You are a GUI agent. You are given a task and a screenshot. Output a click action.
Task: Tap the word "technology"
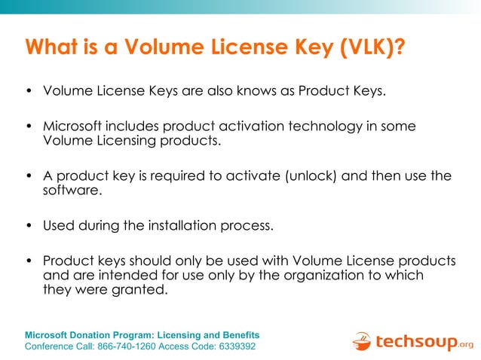point(328,126)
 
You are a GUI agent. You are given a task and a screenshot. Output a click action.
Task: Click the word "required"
point(170,175)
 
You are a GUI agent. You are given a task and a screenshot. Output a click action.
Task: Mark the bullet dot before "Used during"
point(29,225)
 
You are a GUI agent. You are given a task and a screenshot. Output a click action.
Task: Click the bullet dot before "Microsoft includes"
point(29,127)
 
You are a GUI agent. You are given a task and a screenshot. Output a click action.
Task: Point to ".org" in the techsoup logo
point(466,345)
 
